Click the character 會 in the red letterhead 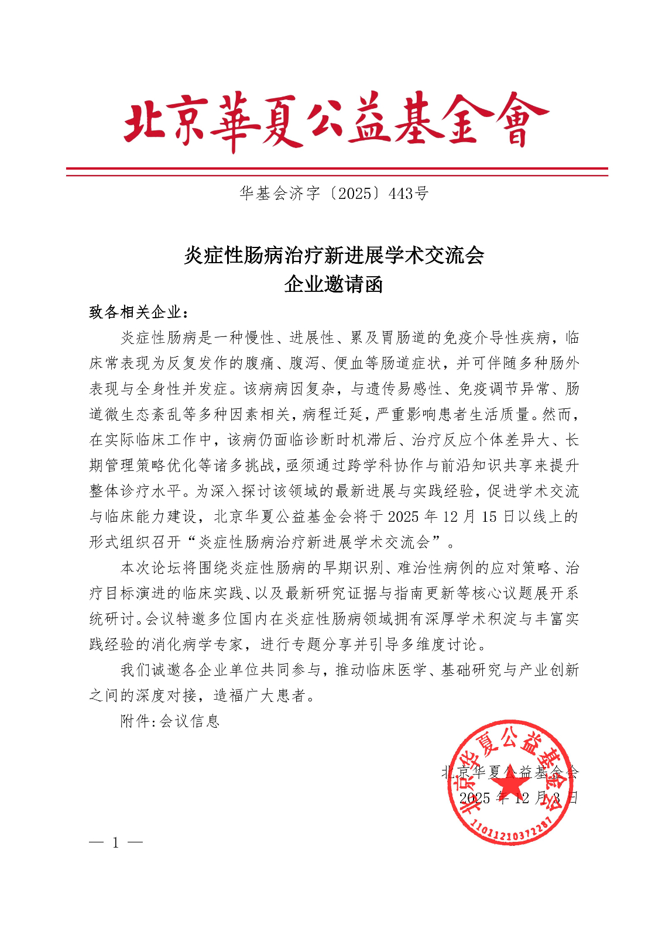(x=518, y=121)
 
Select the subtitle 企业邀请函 (x=334, y=285)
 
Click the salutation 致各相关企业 (x=136, y=312)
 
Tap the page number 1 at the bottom (x=116, y=842)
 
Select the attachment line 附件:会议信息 (x=170, y=721)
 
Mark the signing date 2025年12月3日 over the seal (x=519, y=798)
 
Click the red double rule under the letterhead (x=337, y=171)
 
